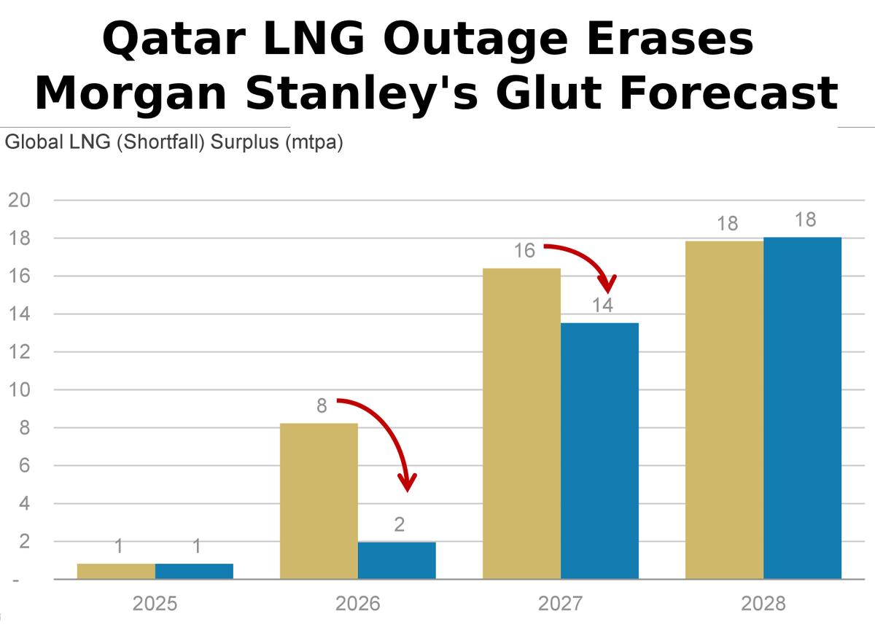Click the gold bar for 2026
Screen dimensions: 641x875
click(x=319, y=501)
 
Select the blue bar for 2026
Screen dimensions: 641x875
click(x=397, y=560)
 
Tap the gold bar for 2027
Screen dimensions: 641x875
click(x=521, y=423)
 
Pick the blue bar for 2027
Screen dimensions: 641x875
click(x=599, y=451)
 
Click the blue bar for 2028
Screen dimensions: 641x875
click(x=802, y=408)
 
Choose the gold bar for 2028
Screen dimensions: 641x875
click(x=724, y=410)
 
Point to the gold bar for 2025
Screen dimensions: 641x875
click(x=116, y=571)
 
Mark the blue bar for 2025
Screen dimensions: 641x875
click(x=194, y=571)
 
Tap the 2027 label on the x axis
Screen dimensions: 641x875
click(x=561, y=605)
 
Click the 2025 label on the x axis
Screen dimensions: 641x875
click(x=155, y=605)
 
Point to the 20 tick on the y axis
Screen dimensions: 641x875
click(x=19, y=201)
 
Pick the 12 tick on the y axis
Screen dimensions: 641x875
click(x=19, y=352)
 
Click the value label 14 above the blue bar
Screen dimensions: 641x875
click(x=602, y=306)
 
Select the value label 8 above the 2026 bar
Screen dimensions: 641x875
click(x=322, y=406)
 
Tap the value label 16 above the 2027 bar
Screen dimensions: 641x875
click(x=524, y=251)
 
